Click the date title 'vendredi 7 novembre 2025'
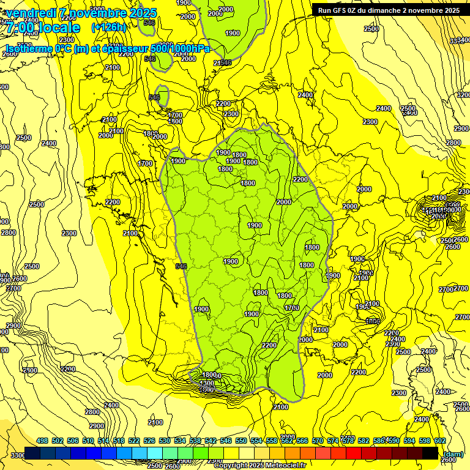81,12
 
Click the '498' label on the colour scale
42,441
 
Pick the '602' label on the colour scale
440,441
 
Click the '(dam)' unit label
453,453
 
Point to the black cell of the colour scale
430,453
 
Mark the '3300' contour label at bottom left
18,455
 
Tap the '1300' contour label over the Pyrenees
207,383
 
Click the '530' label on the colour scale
165,441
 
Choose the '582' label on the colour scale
364,441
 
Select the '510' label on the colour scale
88,441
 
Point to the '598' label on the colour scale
425,441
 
